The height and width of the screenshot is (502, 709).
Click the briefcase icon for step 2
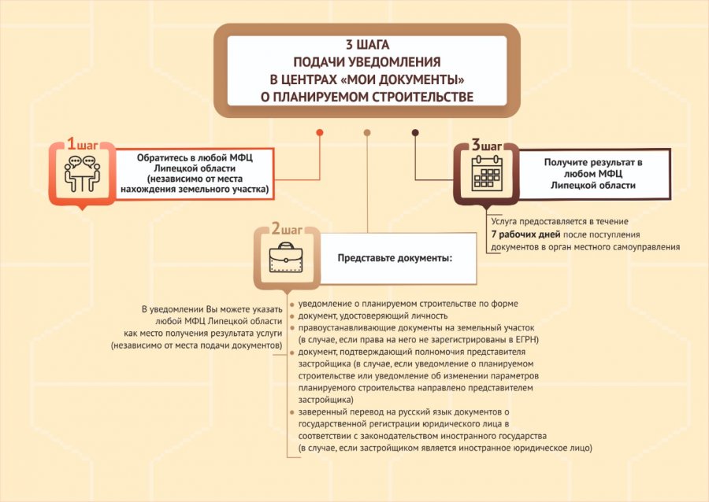pyautogui.click(x=286, y=257)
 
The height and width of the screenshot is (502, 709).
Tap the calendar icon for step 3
pyautogui.click(x=487, y=173)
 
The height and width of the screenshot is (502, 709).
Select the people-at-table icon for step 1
pyautogui.click(x=82, y=174)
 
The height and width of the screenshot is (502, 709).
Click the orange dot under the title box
pyautogui.click(x=320, y=132)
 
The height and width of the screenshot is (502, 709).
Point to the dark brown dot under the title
pyautogui.click(x=415, y=132)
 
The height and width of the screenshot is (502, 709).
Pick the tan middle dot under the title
pyautogui.click(x=367, y=132)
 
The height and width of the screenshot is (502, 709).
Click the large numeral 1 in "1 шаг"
pyautogui.click(x=71, y=143)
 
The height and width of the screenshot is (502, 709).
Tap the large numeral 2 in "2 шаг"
pyautogui.click(x=276, y=229)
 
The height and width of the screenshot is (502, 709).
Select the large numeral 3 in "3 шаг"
pyautogui.click(x=476, y=145)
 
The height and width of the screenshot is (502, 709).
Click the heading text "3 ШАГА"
pyautogui.click(x=367, y=45)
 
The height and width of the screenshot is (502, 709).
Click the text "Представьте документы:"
pyautogui.click(x=395, y=258)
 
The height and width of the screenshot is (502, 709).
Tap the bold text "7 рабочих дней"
pyautogui.click(x=526, y=234)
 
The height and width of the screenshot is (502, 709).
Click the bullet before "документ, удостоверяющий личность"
pyautogui.click(x=292, y=316)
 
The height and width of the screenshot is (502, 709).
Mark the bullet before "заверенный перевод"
pyautogui.click(x=292, y=412)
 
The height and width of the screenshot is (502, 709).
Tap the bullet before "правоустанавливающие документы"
pyautogui.click(x=292, y=328)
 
